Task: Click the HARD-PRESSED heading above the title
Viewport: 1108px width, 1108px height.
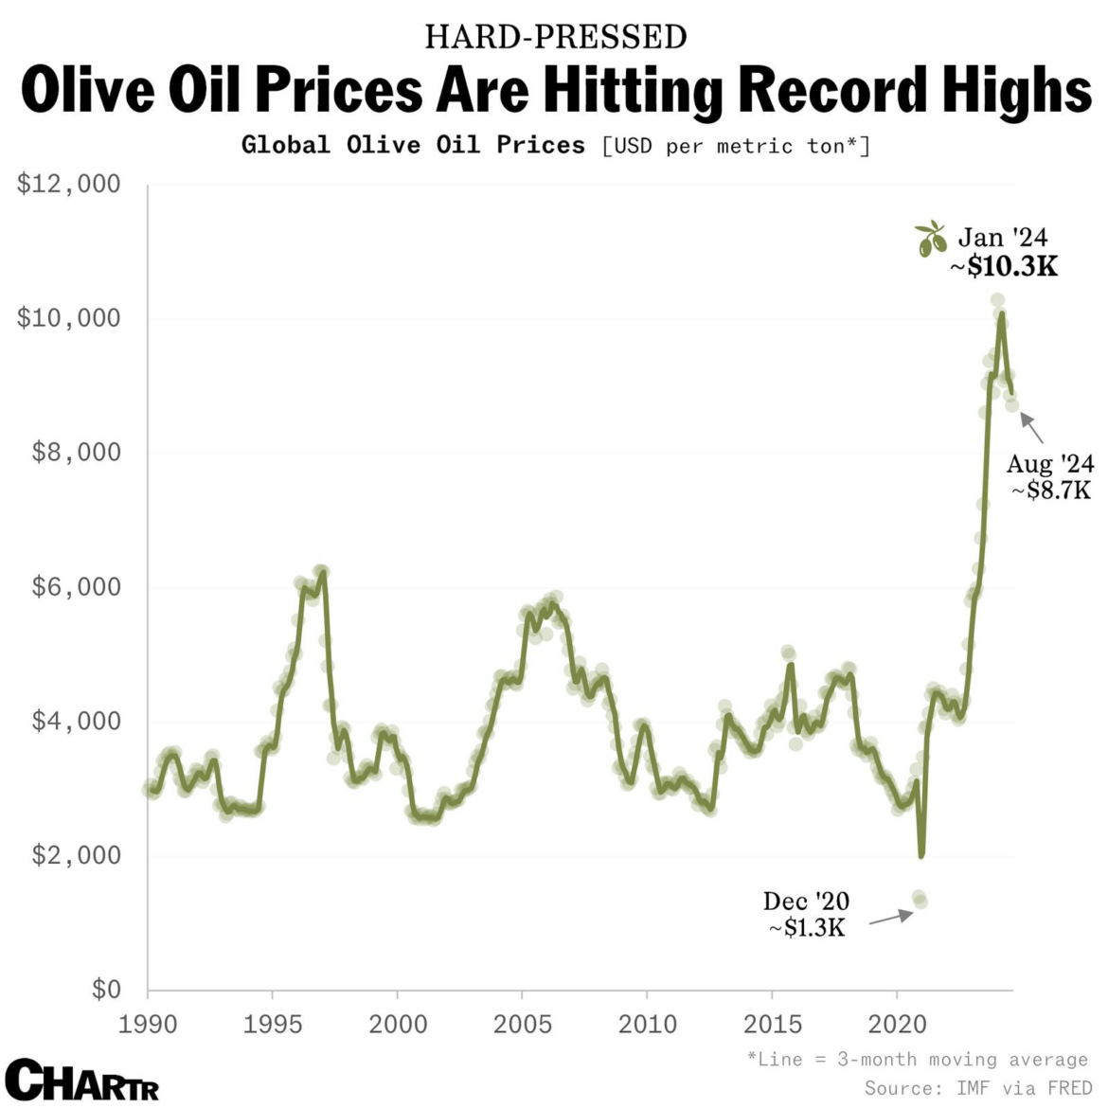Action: [555, 37]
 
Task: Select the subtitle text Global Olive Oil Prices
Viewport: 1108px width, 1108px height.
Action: [413, 145]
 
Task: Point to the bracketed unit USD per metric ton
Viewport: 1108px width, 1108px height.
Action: [736, 146]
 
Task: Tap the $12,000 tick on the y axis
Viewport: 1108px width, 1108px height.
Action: [69, 184]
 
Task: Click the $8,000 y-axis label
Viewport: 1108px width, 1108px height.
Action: [77, 453]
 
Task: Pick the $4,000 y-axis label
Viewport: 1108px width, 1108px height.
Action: [77, 722]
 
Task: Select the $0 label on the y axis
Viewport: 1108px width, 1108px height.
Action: [106, 990]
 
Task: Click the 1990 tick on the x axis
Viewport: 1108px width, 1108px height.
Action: [148, 1024]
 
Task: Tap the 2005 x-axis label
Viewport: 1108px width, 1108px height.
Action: [522, 1024]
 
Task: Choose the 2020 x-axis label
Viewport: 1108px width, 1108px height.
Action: [897, 1024]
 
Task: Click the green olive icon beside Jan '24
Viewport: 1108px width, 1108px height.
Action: [931, 239]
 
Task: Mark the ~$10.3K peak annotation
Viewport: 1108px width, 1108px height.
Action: [1004, 267]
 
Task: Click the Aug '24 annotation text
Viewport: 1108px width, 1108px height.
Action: [1049, 464]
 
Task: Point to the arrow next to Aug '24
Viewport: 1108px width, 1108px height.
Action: [1031, 428]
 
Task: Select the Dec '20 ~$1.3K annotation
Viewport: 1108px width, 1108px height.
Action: [806, 914]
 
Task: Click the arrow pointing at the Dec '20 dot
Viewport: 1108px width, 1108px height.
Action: [890, 917]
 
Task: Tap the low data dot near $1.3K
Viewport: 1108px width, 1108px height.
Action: [919, 899]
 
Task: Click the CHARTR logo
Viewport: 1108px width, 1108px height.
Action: [81, 1080]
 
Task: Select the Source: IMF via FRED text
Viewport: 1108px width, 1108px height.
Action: [977, 1088]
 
